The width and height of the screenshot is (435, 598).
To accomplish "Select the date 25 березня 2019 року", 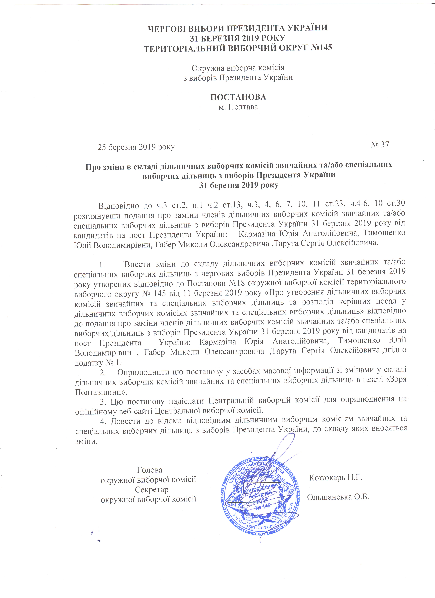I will click(136, 147).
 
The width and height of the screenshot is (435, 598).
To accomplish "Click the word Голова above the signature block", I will click(150, 470).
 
